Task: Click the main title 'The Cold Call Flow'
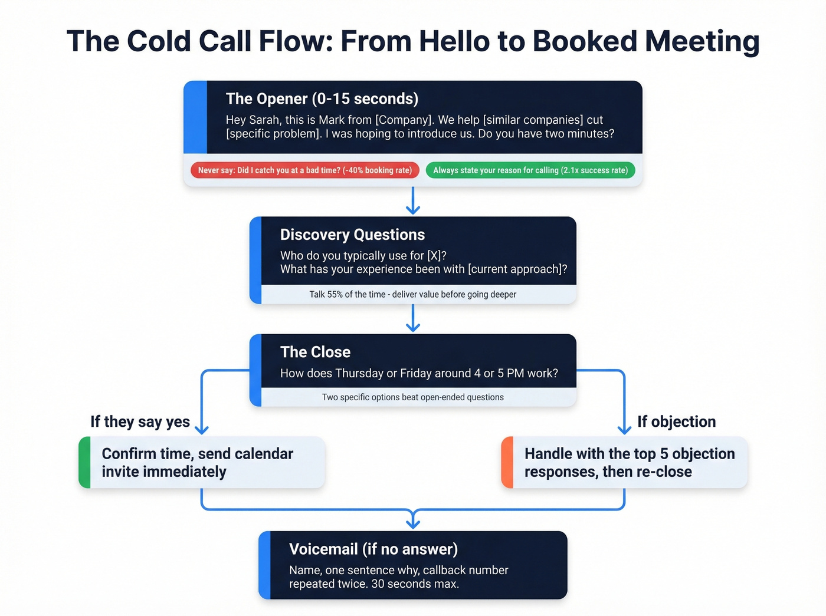point(412,41)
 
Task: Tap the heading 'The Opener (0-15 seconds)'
point(322,98)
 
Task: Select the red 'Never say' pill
point(304,170)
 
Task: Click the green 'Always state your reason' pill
point(530,170)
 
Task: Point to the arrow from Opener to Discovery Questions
point(413,201)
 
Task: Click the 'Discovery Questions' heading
point(352,235)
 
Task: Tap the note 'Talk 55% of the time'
point(412,294)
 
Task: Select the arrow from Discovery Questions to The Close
point(413,318)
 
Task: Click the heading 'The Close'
point(315,352)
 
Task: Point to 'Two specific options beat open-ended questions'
point(412,397)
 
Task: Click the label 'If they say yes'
point(140,421)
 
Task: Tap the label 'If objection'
point(676,421)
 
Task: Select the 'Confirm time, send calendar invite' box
point(201,463)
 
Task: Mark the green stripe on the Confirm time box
point(84,463)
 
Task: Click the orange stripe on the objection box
point(507,463)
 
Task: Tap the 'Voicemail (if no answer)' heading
point(373,549)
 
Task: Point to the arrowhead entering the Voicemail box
point(413,522)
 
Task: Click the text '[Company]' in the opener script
point(403,120)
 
